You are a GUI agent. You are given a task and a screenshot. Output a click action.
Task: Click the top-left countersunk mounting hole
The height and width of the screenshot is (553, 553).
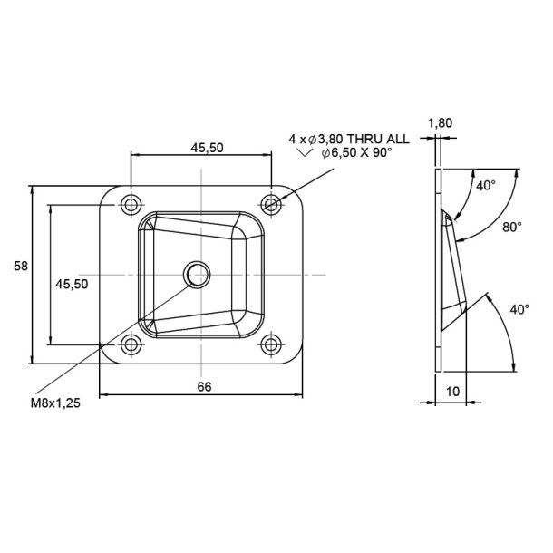[131, 205]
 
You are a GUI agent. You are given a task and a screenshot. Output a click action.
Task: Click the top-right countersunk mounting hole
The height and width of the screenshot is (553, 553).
[271, 205]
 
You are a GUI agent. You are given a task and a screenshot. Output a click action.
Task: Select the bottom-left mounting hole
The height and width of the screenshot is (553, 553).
[131, 344]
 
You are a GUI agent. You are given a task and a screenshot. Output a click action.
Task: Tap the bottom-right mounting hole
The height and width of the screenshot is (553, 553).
[271, 344]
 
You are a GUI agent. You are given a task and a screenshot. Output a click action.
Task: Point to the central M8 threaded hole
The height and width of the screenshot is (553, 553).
[196, 273]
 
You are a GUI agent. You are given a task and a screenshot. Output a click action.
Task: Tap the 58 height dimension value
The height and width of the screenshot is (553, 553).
[20, 266]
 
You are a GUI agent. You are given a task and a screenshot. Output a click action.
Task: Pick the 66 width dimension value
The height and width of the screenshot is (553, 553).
[204, 386]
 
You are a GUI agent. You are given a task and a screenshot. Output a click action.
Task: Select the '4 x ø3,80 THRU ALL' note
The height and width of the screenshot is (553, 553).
[348, 139]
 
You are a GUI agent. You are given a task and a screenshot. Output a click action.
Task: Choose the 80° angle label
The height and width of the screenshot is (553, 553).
[512, 228]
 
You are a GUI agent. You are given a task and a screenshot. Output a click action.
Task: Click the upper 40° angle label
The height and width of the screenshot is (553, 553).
[486, 186]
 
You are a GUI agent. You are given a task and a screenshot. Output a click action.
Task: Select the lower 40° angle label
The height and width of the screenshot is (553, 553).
[519, 309]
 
